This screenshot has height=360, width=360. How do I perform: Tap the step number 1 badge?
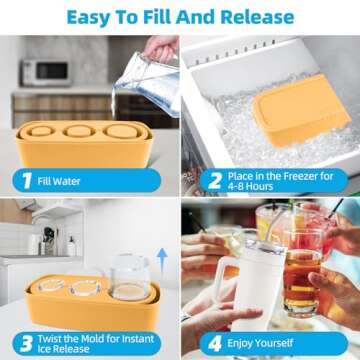click(x=24, y=180)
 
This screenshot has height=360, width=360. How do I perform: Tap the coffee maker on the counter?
click(x=47, y=240)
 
